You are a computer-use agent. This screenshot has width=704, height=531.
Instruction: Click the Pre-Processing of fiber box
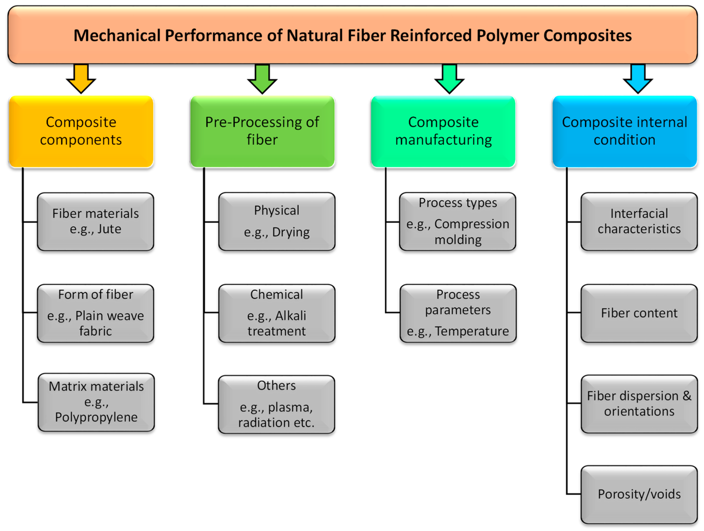(x=262, y=131)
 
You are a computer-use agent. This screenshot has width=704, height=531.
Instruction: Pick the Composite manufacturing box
(x=443, y=131)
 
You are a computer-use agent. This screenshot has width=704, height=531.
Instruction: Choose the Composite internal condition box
(x=624, y=131)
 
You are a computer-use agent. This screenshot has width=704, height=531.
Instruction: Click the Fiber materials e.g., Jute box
(x=95, y=222)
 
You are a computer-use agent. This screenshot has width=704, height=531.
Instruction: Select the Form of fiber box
(x=95, y=313)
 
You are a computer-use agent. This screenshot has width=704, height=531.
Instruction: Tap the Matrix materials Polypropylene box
(x=96, y=402)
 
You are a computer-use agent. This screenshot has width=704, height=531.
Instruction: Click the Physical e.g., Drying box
(x=277, y=222)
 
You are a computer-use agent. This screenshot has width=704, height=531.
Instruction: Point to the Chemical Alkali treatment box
(x=277, y=313)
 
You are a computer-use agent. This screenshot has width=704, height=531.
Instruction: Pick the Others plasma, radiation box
(x=276, y=404)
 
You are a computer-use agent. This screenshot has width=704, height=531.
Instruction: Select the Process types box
(x=458, y=222)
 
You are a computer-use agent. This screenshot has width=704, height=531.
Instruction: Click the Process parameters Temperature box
(x=458, y=313)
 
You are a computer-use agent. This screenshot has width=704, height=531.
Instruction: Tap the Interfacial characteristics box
(x=639, y=222)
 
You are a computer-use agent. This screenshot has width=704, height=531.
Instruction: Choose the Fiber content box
(x=639, y=313)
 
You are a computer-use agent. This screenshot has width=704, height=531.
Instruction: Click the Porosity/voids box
(x=639, y=494)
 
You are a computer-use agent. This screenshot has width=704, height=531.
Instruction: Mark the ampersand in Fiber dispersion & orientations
(x=687, y=396)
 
